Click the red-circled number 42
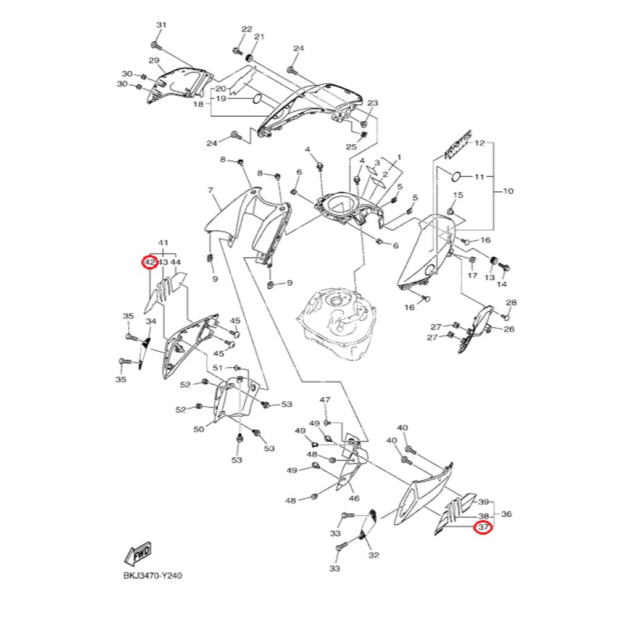click(x=149, y=262)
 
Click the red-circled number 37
click(x=483, y=528)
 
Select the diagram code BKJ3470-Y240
click(x=152, y=575)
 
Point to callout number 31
click(x=161, y=25)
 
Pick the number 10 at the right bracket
click(x=508, y=191)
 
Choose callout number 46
click(x=354, y=498)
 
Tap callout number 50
click(x=199, y=429)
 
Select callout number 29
click(x=154, y=60)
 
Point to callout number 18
click(x=198, y=104)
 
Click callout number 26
click(x=509, y=329)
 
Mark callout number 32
click(x=373, y=555)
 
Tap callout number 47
click(x=325, y=401)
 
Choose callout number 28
click(x=511, y=302)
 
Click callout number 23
click(x=372, y=103)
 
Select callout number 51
click(x=217, y=368)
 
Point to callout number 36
click(x=507, y=513)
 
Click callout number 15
click(x=457, y=195)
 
